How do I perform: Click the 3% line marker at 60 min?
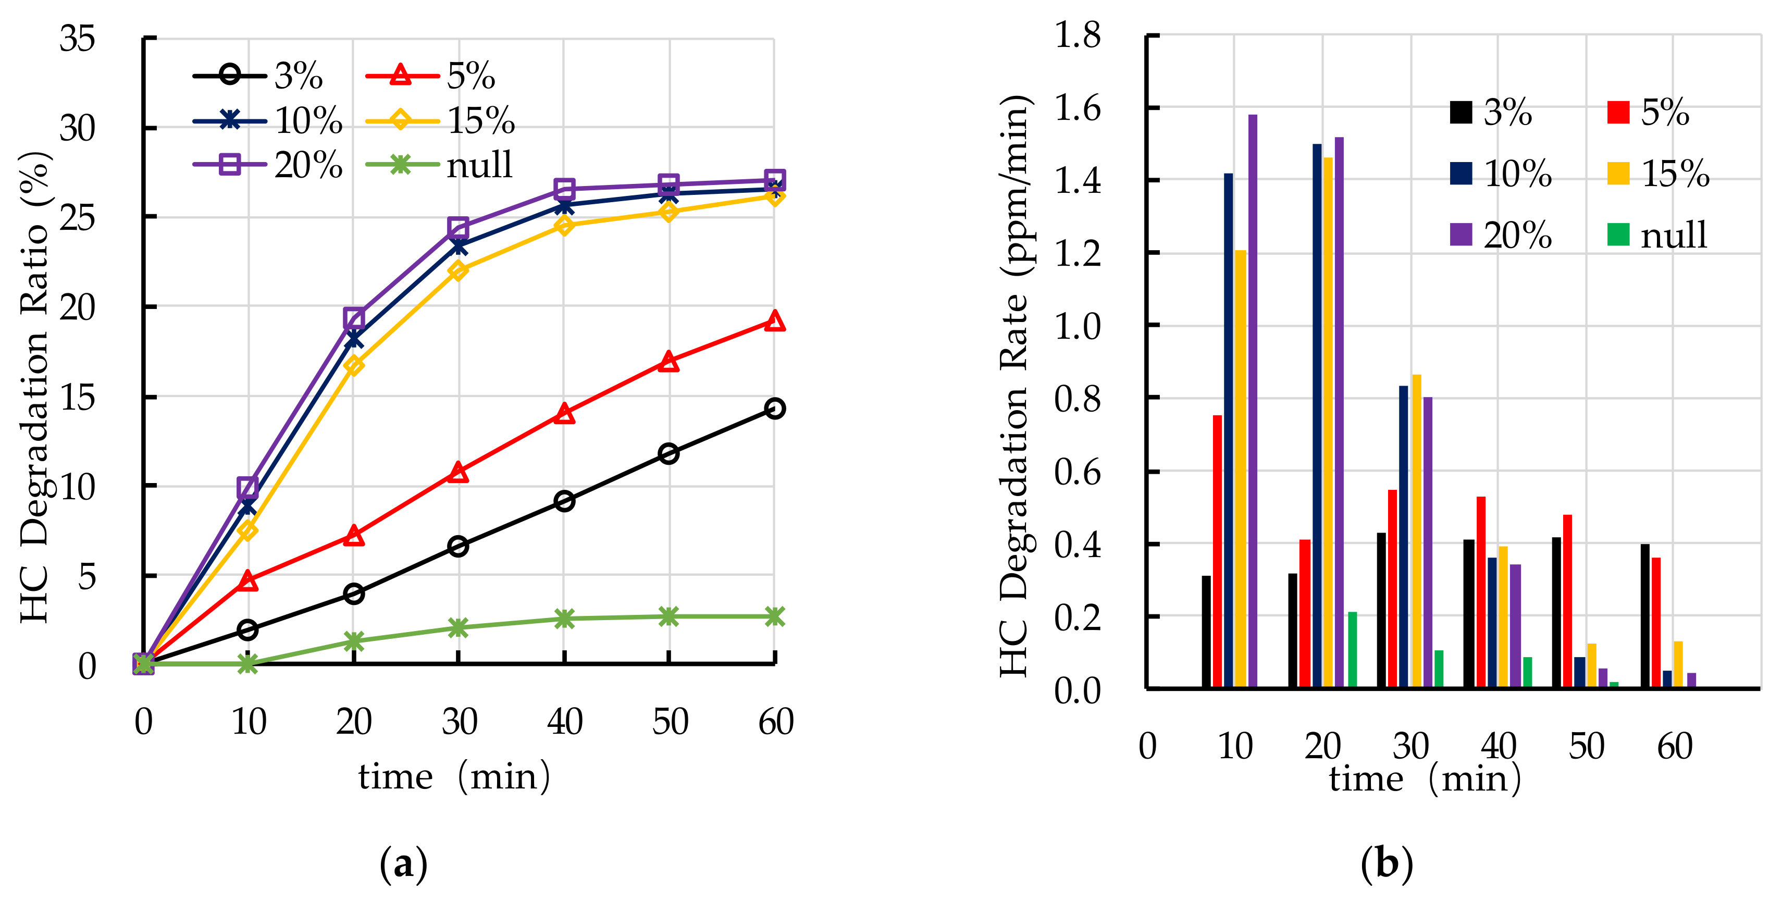click(775, 408)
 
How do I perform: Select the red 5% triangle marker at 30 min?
click(458, 473)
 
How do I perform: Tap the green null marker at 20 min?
click(353, 641)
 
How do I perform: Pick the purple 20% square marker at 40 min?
click(564, 189)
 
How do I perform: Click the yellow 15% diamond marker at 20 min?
click(353, 365)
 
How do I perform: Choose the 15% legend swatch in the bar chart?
click(1618, 173)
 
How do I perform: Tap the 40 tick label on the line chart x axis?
click(564, 722)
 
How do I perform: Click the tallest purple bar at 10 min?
click(1253, 401)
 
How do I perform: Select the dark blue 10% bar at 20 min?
click(1316, 415)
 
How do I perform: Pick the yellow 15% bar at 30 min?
click(1417, 531)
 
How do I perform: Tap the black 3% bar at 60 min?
click(1645, 615)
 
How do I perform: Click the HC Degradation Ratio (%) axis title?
click(34, 387)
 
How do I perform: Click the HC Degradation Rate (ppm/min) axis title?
click(1016, 387)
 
